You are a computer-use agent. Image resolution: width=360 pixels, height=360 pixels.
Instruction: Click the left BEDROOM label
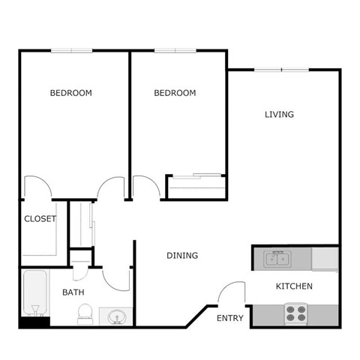(x=70, y=93)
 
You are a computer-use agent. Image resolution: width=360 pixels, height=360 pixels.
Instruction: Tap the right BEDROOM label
(x=175, y=93)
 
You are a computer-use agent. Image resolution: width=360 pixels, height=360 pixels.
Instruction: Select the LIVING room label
(x=279, y=115)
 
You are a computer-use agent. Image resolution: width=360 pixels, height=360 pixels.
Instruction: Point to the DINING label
(x=182, y=256)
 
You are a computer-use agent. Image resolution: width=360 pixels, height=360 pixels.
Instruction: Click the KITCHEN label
(x=294, y=286)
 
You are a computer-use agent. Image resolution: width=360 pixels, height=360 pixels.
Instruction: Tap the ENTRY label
(x=229, y=319)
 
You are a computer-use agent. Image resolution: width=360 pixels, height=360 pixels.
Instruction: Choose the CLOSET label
(x=40, y=219)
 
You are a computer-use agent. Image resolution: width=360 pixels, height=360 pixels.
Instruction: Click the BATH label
(x=73, y=292)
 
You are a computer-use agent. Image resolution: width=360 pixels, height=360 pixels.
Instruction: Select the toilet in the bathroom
(x=85, y=314)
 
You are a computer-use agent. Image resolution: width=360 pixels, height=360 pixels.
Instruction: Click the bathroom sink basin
(x=117, y=316)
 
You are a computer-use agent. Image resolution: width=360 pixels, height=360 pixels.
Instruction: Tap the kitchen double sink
(x=277, y=259)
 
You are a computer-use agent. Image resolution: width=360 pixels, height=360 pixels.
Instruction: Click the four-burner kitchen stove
(x=295, y=312)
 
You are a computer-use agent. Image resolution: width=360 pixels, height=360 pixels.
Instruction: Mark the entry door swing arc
(x=232, y=292)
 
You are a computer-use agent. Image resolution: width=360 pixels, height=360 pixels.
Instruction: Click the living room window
(x=281, y=70)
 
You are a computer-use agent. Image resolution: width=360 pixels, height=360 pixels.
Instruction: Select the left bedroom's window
(x=72, y=50)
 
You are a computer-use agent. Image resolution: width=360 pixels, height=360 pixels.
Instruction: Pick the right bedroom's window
(x=175, y=50)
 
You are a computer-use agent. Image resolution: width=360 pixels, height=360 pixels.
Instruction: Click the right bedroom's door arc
(x=146, y=186)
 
